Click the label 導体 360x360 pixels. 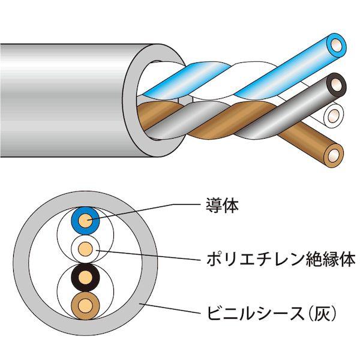click(x=222, y=205)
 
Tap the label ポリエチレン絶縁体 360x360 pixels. click(x=281, y=259)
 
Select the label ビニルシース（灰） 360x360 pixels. click(x=272, y=313)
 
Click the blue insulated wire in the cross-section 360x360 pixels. click(x=85, y=221)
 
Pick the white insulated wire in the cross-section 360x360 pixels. click(x=85, y=249)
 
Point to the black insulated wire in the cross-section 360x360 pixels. click(x=85, y=278)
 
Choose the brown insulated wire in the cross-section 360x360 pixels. click(x=85, y=306)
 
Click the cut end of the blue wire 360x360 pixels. click(x=337, y=45)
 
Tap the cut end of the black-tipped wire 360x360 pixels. click(x=337, y=86)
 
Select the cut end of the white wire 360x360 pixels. click(x=334, y=115)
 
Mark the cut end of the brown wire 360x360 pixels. click(x=334, y=155)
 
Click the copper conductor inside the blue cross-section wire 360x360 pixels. click(x=85, y=221)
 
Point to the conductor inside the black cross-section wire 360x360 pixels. click(x=85, y=278)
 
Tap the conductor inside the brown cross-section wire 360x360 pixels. click(x=85, y=306)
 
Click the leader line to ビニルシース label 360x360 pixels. click(x=170, y=308)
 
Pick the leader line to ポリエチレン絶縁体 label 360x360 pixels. click(x=149, y=255)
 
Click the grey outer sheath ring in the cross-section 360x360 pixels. click(x=21, y=263)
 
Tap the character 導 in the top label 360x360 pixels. click(x=214, y=205)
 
